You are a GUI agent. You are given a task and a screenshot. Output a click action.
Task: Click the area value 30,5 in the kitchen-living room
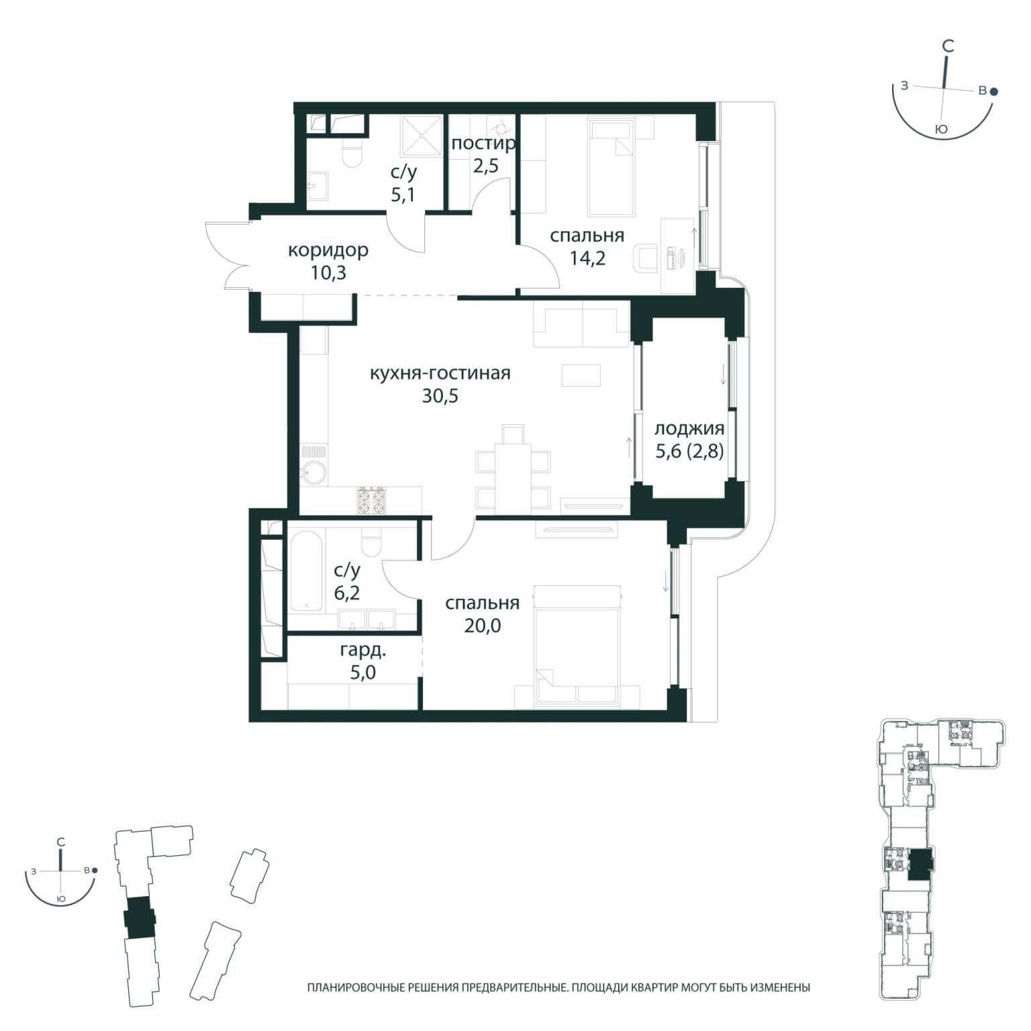pos(440,396)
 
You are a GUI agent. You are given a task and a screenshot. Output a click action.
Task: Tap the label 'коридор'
pos(328,250)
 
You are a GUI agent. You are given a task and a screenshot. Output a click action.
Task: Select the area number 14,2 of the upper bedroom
pos(587,258)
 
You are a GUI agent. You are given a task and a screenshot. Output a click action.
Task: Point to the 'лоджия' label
pos(689,428)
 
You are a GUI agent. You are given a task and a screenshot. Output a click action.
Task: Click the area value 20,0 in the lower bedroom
pos(482,626)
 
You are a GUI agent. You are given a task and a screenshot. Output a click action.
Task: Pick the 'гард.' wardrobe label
pos(362,650)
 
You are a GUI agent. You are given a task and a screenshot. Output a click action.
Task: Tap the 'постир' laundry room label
pos(483,143)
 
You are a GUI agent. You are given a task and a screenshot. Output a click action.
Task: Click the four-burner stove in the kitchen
pos(371,500)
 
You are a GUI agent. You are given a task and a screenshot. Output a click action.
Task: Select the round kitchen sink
pos(313,473)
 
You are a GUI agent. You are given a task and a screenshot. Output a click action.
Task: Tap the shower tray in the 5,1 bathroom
pos(422,136)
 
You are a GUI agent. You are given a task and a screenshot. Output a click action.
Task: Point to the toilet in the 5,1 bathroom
pos(352,152)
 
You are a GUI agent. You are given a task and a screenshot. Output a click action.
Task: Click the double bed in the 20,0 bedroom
pos(577,646)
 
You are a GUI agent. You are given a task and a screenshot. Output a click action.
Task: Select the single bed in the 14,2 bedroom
pos(611,168)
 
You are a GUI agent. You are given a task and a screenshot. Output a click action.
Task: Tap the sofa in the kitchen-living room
pos(582,324)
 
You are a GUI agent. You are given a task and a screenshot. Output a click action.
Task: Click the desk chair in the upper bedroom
pos(646,258)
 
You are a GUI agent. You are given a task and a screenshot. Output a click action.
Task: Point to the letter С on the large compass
pos(948,46)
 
